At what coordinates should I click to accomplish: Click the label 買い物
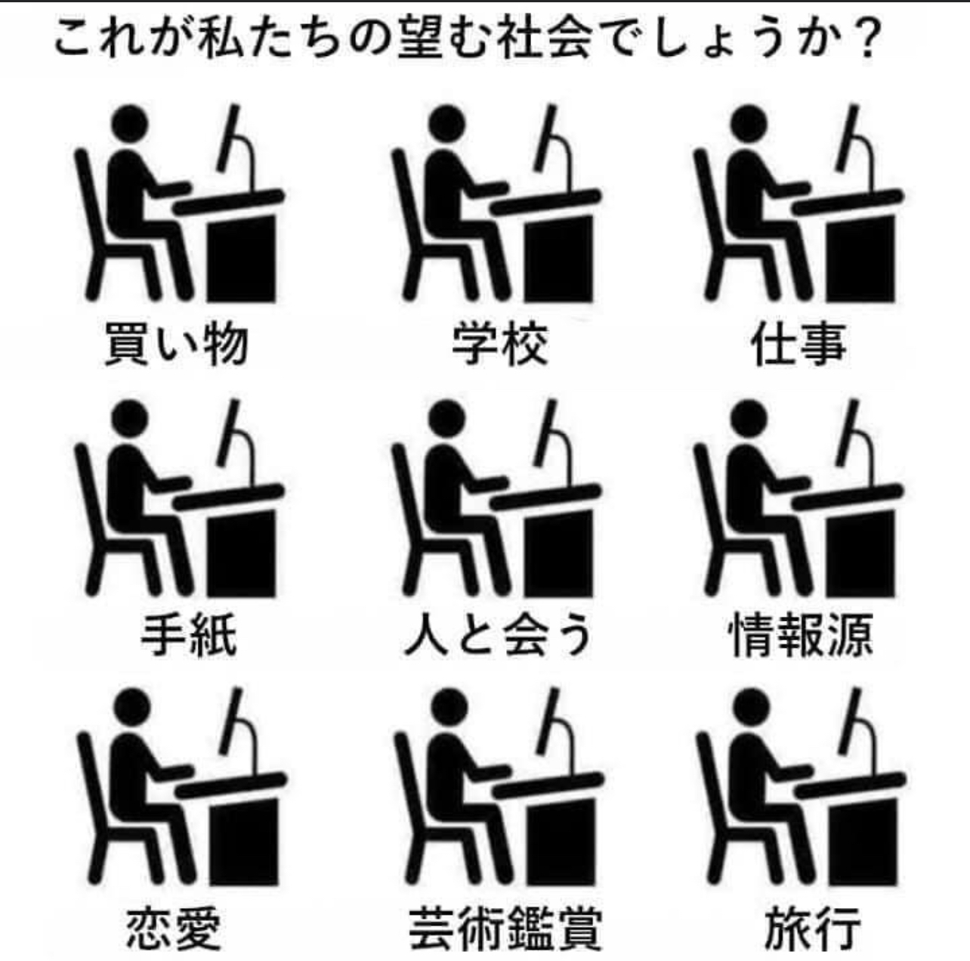176,344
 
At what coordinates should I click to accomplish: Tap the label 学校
499,344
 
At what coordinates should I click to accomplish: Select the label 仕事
799,344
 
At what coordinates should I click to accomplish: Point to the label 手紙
189,635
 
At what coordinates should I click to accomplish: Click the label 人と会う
499,635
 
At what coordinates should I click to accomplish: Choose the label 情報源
801,635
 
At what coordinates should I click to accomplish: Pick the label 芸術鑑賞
505,927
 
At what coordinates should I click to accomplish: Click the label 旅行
812,927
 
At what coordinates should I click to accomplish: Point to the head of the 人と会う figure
448,418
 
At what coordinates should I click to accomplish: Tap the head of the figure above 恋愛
132,708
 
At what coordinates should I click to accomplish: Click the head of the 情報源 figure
749,418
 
